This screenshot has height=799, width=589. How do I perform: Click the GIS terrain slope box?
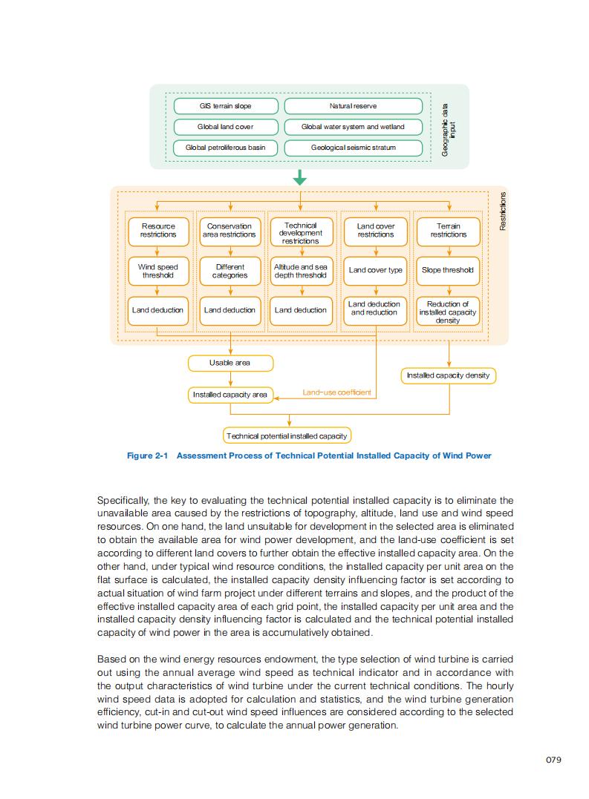[x=226, y=106]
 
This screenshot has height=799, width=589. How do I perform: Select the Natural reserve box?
[x=353, y=106]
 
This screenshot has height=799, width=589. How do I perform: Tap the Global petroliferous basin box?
[x=225, y=148]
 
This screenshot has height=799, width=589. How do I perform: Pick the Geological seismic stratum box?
[x=353, y=148]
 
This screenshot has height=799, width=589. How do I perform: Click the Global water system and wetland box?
[x=353, y=127]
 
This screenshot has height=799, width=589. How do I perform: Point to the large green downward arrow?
[x=299, y=178]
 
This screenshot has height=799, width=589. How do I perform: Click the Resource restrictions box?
[x=158, y=230]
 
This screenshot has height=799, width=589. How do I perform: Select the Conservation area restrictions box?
[x=230, y=230]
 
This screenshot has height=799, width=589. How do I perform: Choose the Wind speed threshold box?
[x=158, y=271]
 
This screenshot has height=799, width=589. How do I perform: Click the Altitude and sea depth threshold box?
[x=300, y=271]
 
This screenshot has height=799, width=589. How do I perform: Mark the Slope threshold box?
[x=447, y=270]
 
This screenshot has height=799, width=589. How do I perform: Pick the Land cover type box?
[x=376, y=270]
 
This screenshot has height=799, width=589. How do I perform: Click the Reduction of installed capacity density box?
[x=447, y=312]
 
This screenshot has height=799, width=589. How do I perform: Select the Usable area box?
[x=230, y=363]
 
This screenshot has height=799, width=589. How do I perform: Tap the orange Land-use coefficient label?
[x=337, y=392]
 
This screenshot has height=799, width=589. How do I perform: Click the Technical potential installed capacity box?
[x=287, y=435]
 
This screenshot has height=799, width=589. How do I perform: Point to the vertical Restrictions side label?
[x=503, y=211]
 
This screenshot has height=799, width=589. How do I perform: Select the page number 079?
[x=553, y=759]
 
